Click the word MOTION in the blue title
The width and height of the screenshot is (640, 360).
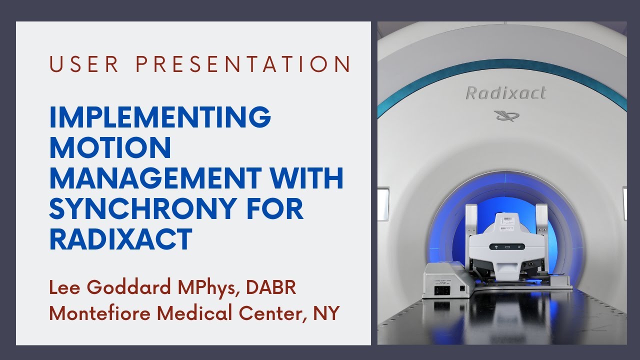(x=110, y=148)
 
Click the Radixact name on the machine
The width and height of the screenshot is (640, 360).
(x=505, y=93)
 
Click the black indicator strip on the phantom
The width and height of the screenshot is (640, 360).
(x=506, y=246)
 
